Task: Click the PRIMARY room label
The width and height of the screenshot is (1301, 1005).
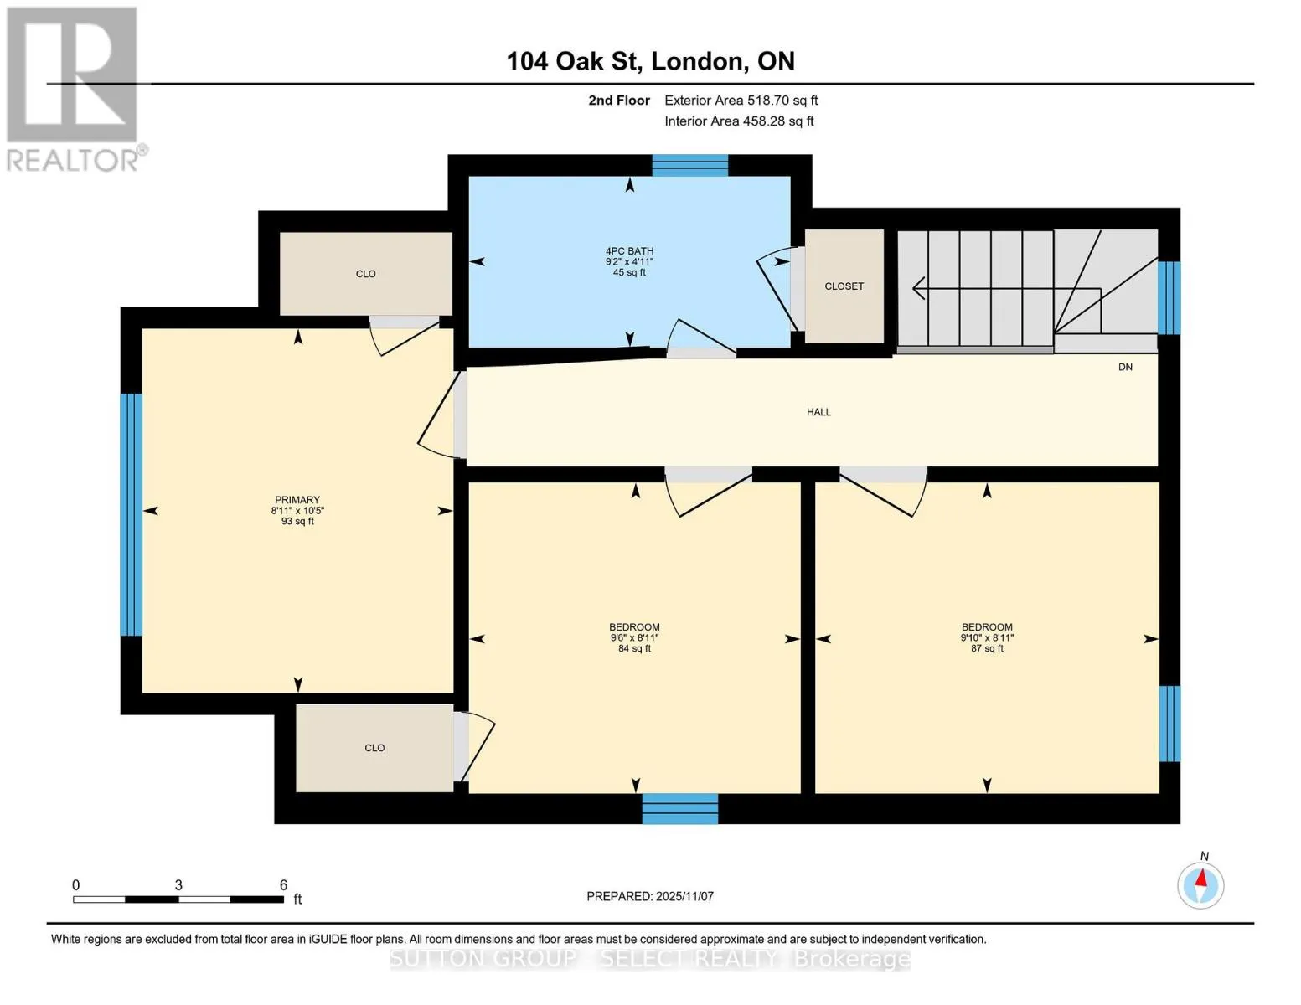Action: pyautogui.click(x=297, y=500)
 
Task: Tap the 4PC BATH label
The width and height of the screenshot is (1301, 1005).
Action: pyautogui.click(x=629, y=251)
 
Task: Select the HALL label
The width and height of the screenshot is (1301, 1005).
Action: pyautogui.click(x=818, y=412)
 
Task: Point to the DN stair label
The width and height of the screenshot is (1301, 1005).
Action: pyautogui.click(x=1125, y=367)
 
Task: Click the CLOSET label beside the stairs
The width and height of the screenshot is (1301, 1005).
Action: pyautogui.click(x=844, y=286)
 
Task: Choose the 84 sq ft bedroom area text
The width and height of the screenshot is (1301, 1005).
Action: pyautogui.click(x=635, y=648)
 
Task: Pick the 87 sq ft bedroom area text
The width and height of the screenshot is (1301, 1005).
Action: pyautogui.click(x=988, y=648)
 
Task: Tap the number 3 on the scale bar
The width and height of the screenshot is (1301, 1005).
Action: pyautogui.click(x=178, y=885)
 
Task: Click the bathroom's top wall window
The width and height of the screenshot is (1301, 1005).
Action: pyautogui.click(x=689, y=166)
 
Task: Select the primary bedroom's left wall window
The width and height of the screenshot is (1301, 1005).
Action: pyautogui.click(x=132, y=514)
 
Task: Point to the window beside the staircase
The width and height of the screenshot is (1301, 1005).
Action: pyautogui.click(x=1169, y=297)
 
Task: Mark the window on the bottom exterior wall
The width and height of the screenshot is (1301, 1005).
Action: pyautogui.click(x=680, y=809)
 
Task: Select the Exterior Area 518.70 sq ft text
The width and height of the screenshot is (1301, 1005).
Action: pyautogui.click(x=741, y=100)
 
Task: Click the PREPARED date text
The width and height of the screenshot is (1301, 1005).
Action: pyautogui.click(x=650, y=896)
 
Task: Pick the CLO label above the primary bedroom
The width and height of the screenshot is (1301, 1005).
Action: pyautogui.click(x=366, y=274)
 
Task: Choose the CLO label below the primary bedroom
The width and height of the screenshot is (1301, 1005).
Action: pyautogui.click(x=374, y=748)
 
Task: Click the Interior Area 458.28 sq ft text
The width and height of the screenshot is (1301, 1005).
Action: pyautogui.click(x=740, y=121)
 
